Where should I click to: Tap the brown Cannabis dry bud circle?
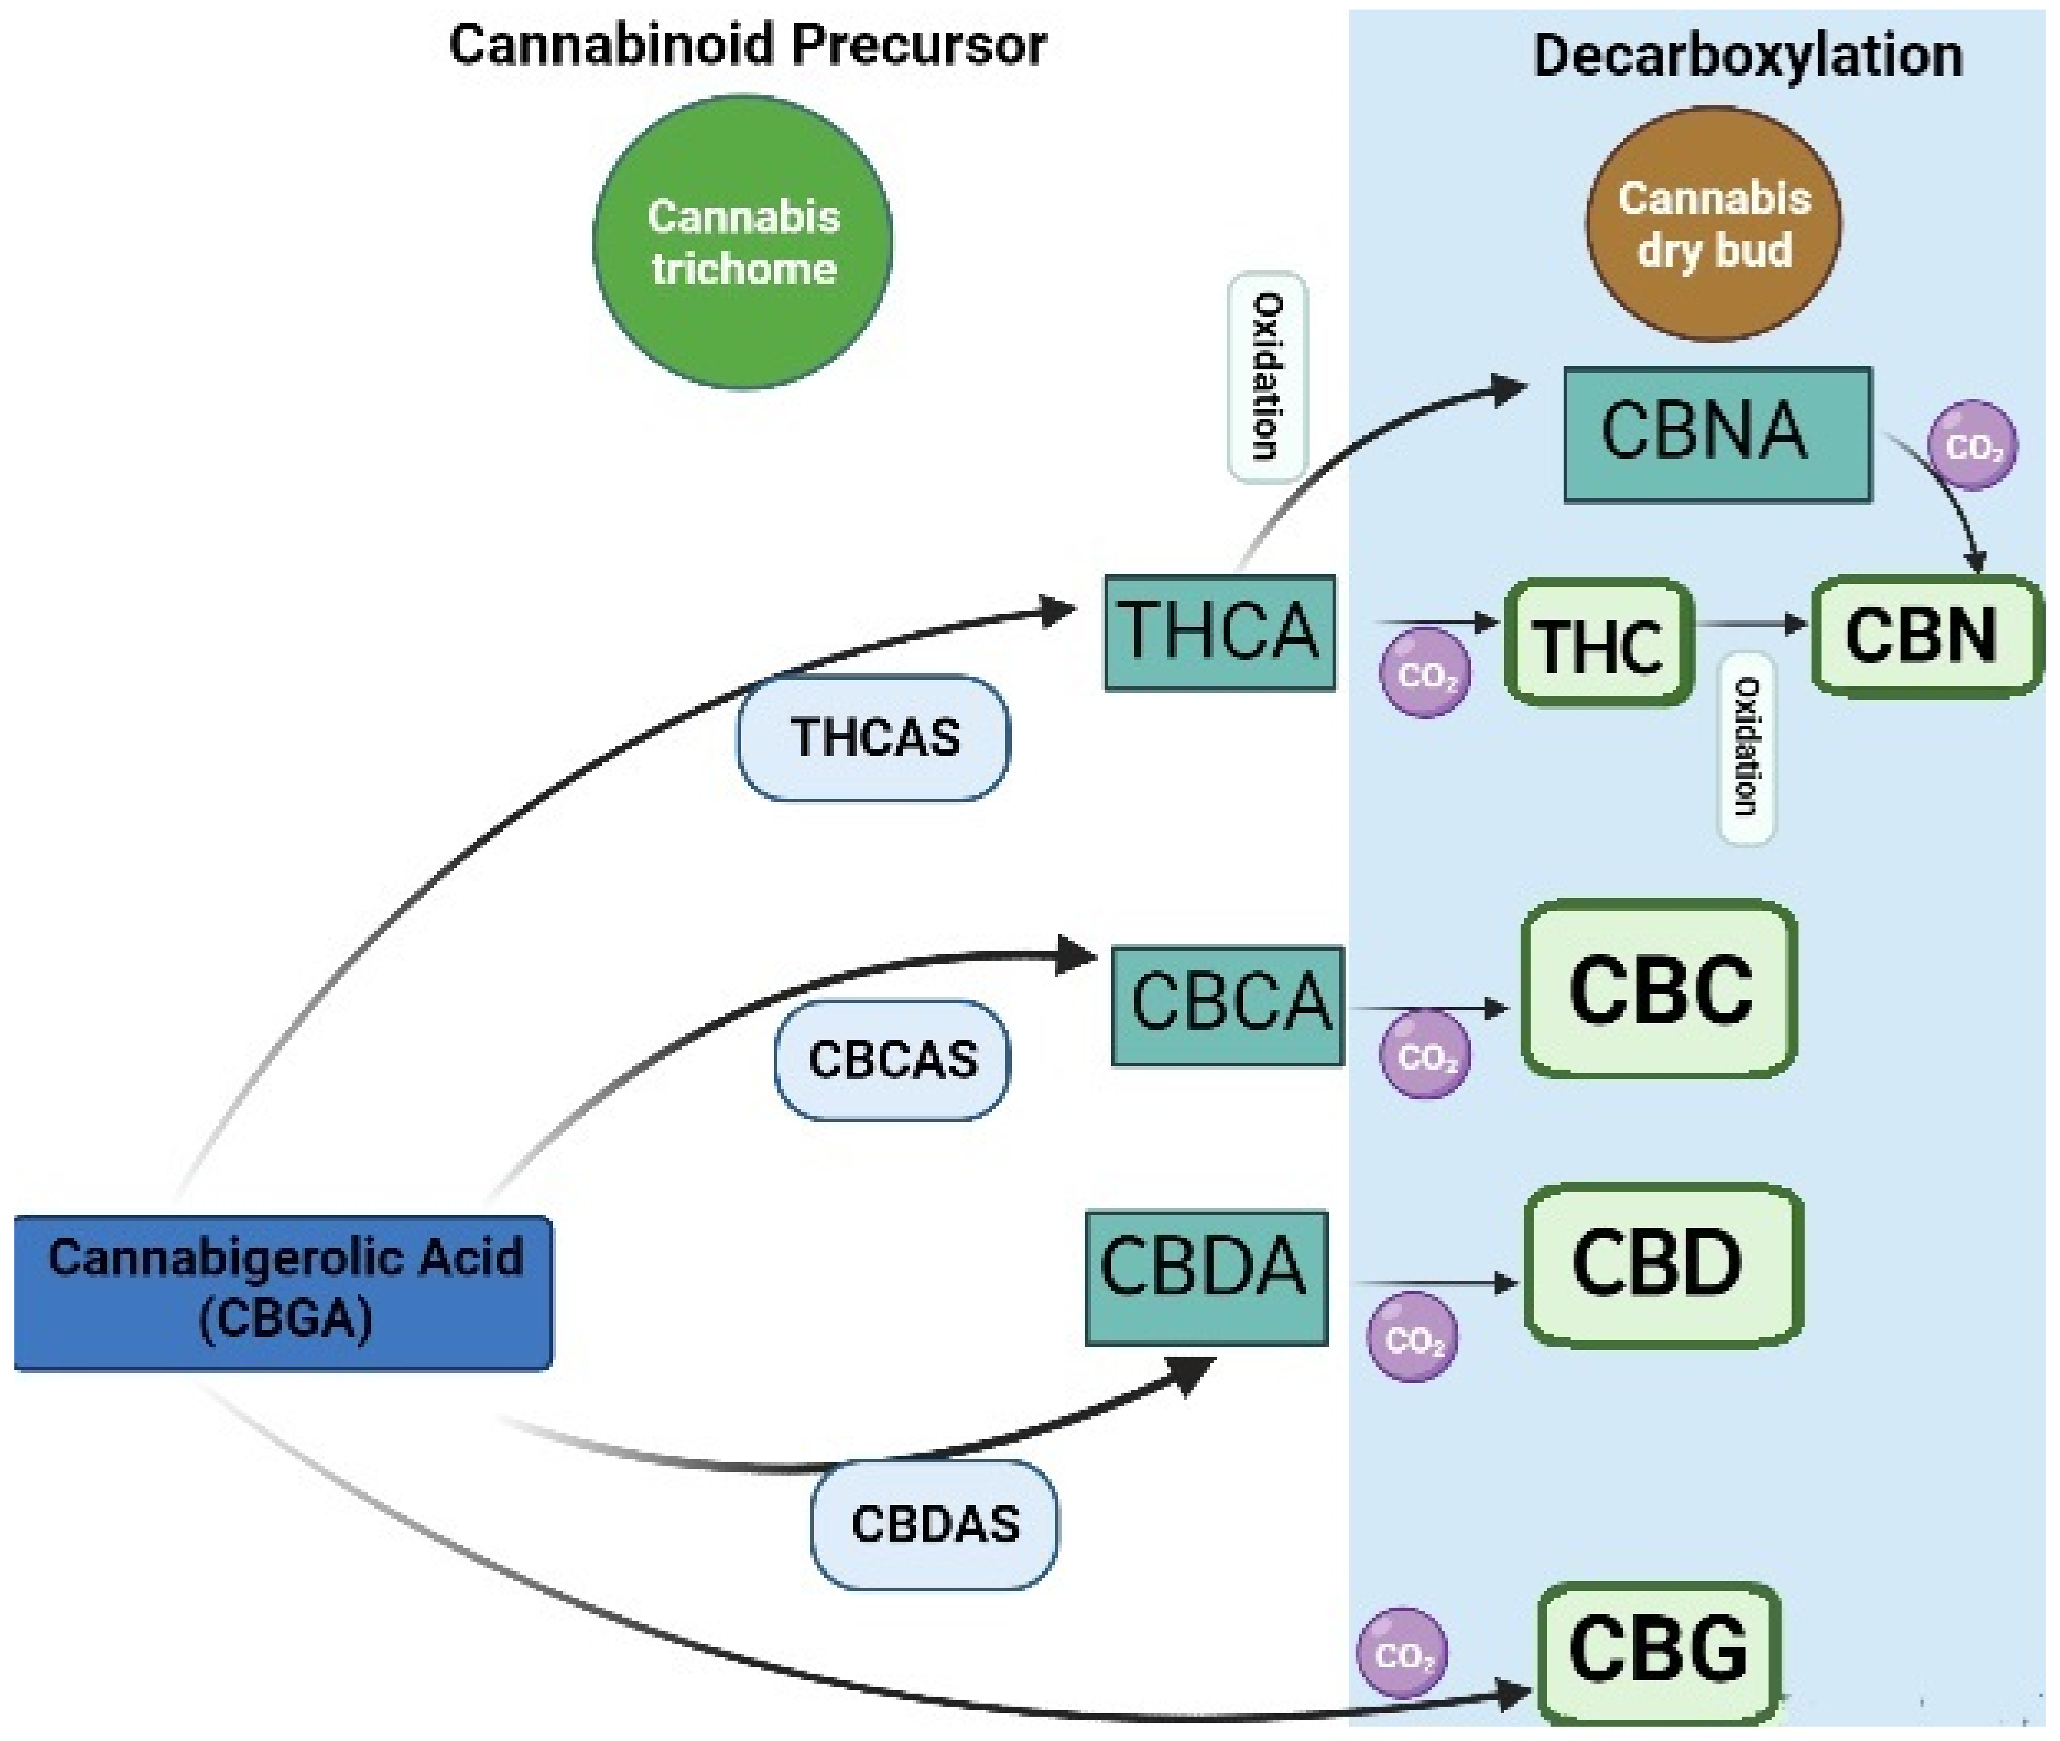coord(1714,225)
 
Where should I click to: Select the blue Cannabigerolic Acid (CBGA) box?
coord(284,1292)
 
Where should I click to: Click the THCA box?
coord(1220,631)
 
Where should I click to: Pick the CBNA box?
coord(1717,434)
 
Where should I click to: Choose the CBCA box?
coord(1228,1005)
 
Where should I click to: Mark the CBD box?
coord(1664,1265)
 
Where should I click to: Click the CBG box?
coord(1658,1652)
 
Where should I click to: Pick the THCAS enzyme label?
coord(874,737)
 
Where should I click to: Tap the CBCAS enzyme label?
coord(892,1060)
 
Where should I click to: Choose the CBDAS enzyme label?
coord(933,1524)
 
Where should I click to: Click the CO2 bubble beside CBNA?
coord(1972,446)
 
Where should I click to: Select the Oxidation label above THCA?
coord(1267,377)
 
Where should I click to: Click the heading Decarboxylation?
coord(1747,55)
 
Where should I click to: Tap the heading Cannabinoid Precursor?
coord(747,45)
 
